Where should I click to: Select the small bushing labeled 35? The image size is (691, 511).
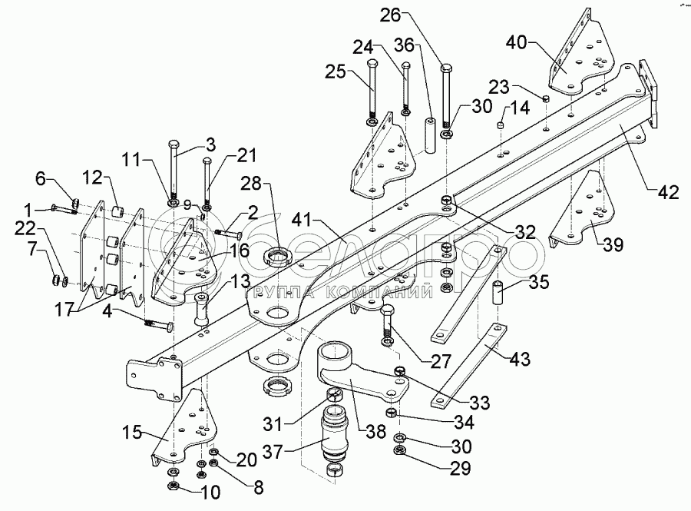pos(496,294)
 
